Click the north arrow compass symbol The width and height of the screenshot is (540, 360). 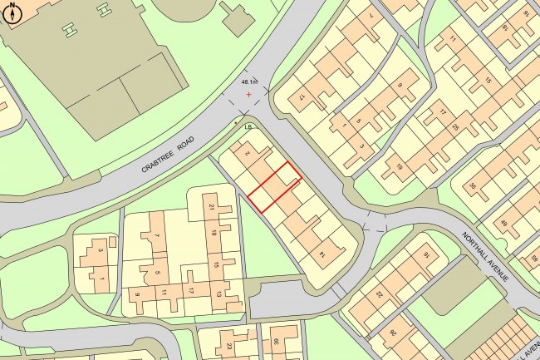point(12,12)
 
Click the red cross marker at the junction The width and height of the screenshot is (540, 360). point(248,96)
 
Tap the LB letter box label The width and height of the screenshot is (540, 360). point(247,127)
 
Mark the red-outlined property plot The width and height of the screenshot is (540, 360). point(274,186)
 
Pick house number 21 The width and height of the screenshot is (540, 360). point(212,207)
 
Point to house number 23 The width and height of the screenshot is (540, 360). point(228,346)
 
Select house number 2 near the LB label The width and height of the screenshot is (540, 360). point(246,153)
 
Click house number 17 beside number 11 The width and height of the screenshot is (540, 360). point(190,291)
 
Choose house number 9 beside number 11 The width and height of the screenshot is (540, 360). point(137,293)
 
